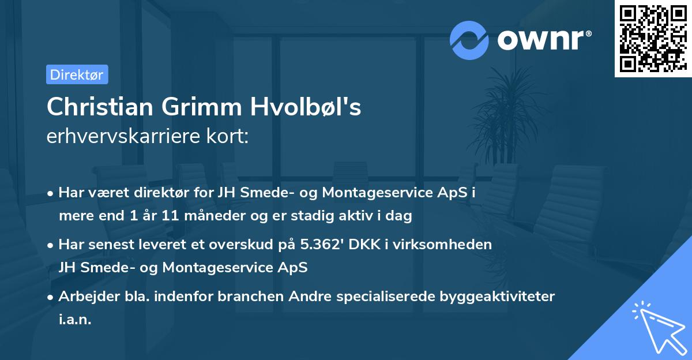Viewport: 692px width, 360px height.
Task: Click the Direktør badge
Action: [77, 74]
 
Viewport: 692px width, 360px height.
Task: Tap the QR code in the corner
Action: [653, 38]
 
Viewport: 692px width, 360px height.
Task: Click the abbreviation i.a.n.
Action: [75, 319]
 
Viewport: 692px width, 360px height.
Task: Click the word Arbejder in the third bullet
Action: [85, 297]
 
